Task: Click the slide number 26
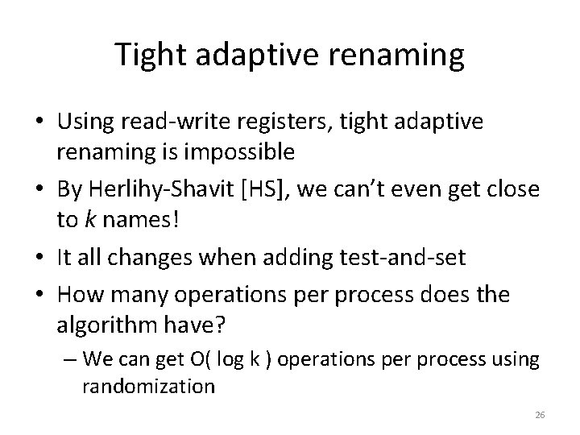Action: coord(540,415)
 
